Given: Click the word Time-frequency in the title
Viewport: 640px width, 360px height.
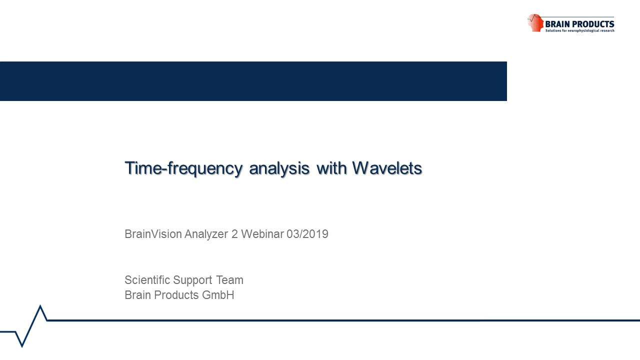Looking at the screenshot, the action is pyautogui.click(x=183, y=168).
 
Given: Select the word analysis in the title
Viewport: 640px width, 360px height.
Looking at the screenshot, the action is pyautogui.click(x=279, y=168).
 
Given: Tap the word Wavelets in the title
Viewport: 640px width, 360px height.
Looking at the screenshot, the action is pyautogui.click(x=387, y=168).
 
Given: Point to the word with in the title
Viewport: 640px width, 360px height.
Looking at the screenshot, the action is pyautogui.click(x=330, y=168).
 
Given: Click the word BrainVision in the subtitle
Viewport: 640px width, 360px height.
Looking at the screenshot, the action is pyautogui.click(x=153, y=234).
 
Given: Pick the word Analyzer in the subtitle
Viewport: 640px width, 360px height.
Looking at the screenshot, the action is pyautogui.click(x=206, y=234).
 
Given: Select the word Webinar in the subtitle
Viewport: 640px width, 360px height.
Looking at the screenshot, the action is pyautogui.click(x=262, y=234).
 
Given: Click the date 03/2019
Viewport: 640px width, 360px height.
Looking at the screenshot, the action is pyautogui.click(x=307, y=234).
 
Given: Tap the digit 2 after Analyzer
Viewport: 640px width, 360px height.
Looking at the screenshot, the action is pyautogui.click(x=234, y=234).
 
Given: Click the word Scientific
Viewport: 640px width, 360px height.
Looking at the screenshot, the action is pyautogui.click(x=147, y=280).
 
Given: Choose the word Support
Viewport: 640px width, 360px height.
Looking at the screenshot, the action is pyautogui.click(x=192, y=280).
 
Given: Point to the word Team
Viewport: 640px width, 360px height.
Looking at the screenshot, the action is pyautogui.click(x=229, y=280).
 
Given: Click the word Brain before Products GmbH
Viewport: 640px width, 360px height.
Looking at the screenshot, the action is pyautogui.click(x=138, y=295).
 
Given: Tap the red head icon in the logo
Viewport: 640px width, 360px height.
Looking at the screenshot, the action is pyautogui.click(x=535, y=22).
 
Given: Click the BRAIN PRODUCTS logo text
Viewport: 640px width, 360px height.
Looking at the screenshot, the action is pyautogui.click(x=579, y=24).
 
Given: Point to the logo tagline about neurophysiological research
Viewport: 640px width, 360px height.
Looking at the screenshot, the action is pyautogui.click(x=579, y=30).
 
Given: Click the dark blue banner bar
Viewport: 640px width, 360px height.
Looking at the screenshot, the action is pyautogui.click(x=253, y=81).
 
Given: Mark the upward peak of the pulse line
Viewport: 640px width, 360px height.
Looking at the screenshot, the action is pyautogui.click(x=40, y=305).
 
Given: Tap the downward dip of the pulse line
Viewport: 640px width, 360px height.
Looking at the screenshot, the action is pyautogui.click(x=22, y=346).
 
